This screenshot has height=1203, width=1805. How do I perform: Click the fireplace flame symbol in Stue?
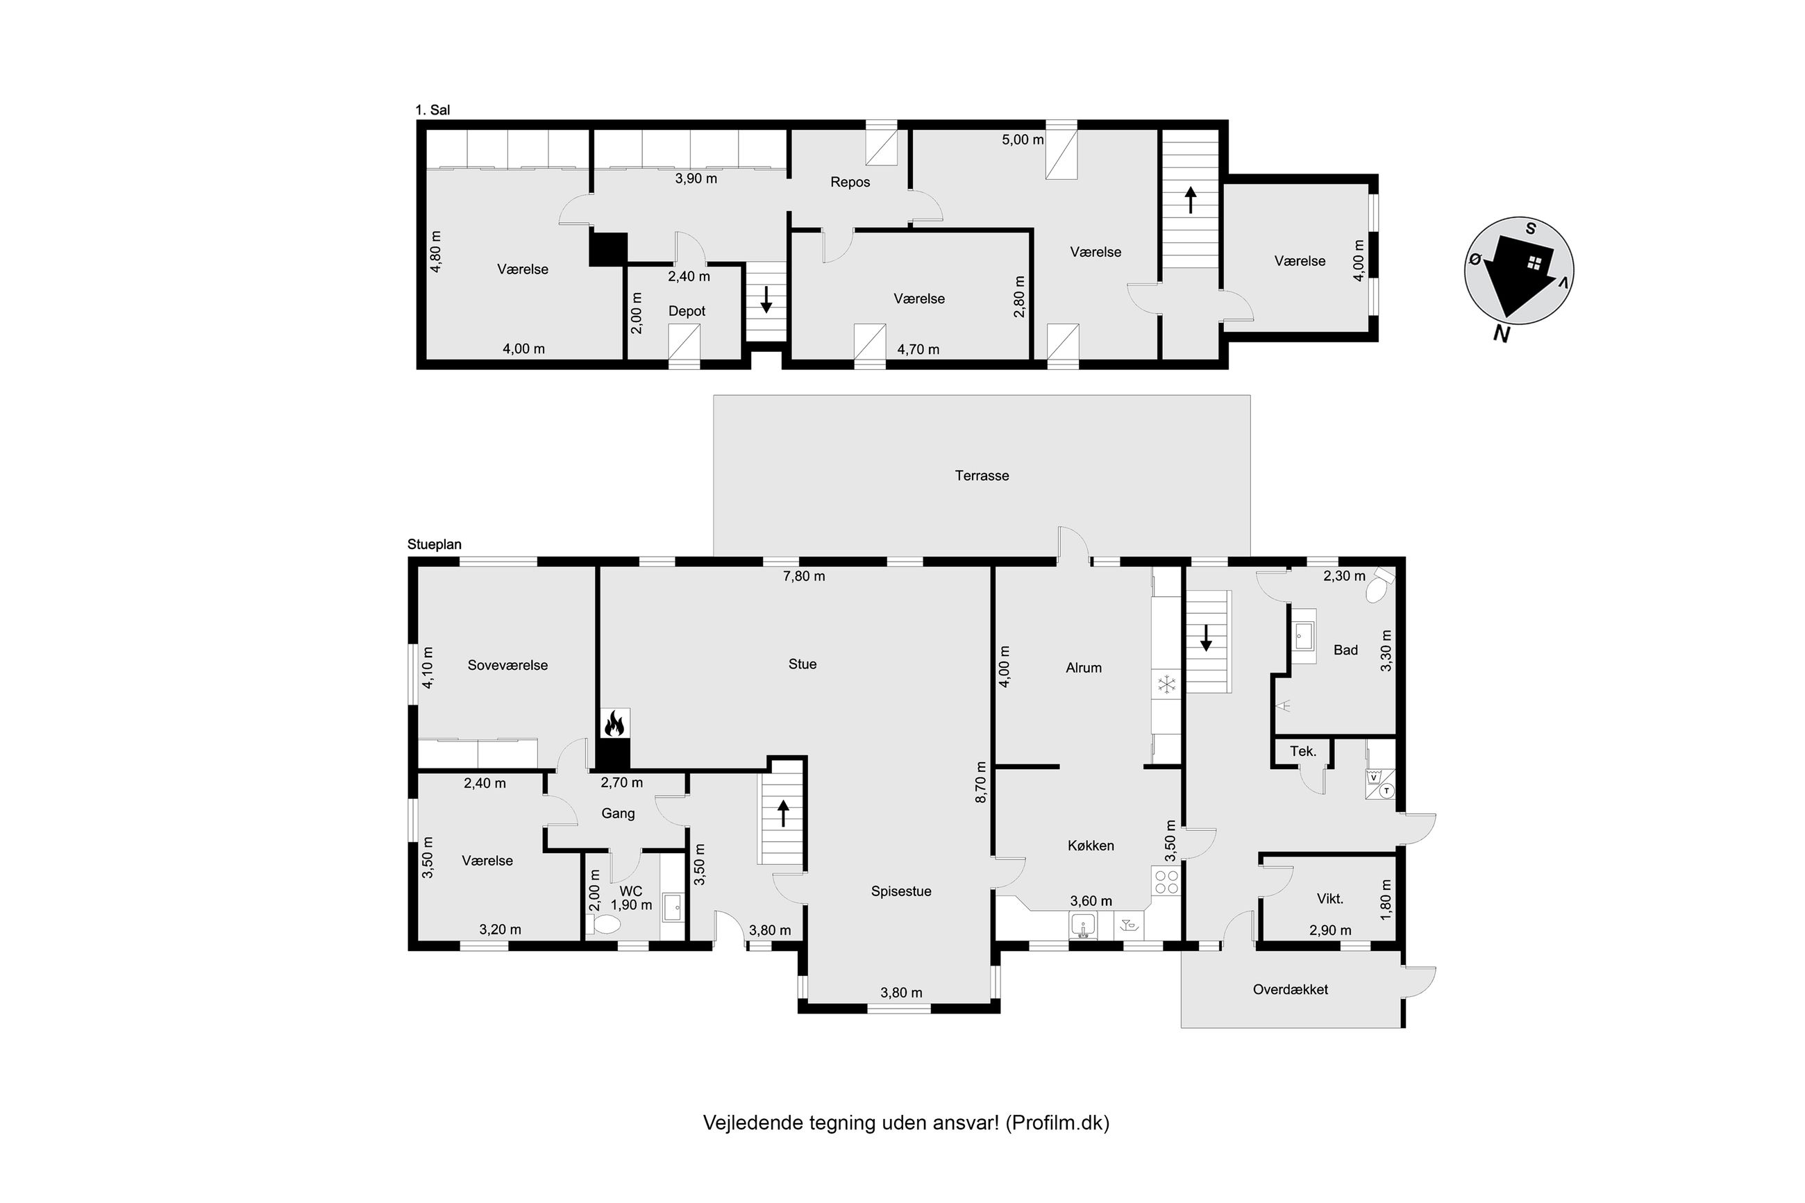tap(614, 723)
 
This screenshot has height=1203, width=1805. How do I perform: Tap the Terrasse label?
tap(981, 476)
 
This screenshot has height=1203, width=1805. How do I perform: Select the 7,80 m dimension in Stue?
tap(803, 576)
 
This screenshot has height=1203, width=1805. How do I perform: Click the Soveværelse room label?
tap(507, 665)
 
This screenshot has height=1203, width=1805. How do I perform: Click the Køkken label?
tap(1090, 846)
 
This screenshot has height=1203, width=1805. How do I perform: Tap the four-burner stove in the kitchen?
tap(1166, 882)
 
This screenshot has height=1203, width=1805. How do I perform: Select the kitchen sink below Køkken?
tap(1083, 925)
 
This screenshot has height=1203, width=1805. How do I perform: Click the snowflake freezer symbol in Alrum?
tap(1166, 684)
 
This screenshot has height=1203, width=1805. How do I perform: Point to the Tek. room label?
tap(1302, 751)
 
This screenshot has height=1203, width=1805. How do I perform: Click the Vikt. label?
tap(1329, 898)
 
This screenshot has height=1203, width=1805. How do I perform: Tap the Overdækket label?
tap(1291, 990)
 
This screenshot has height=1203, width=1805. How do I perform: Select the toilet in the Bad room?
tap(1379, 584)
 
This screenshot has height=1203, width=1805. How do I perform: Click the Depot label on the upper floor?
tap(687, 312)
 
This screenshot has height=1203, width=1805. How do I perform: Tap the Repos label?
tap(850, 183)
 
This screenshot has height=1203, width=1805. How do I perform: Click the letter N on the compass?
tap(1501, 333)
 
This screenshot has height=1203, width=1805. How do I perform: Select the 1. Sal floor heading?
tap(433, 110)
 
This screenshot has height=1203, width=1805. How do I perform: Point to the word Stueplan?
tap(434, 545)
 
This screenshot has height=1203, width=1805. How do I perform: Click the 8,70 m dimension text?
tap(980, 782)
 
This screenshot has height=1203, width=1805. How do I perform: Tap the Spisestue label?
tap(900, 891)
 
